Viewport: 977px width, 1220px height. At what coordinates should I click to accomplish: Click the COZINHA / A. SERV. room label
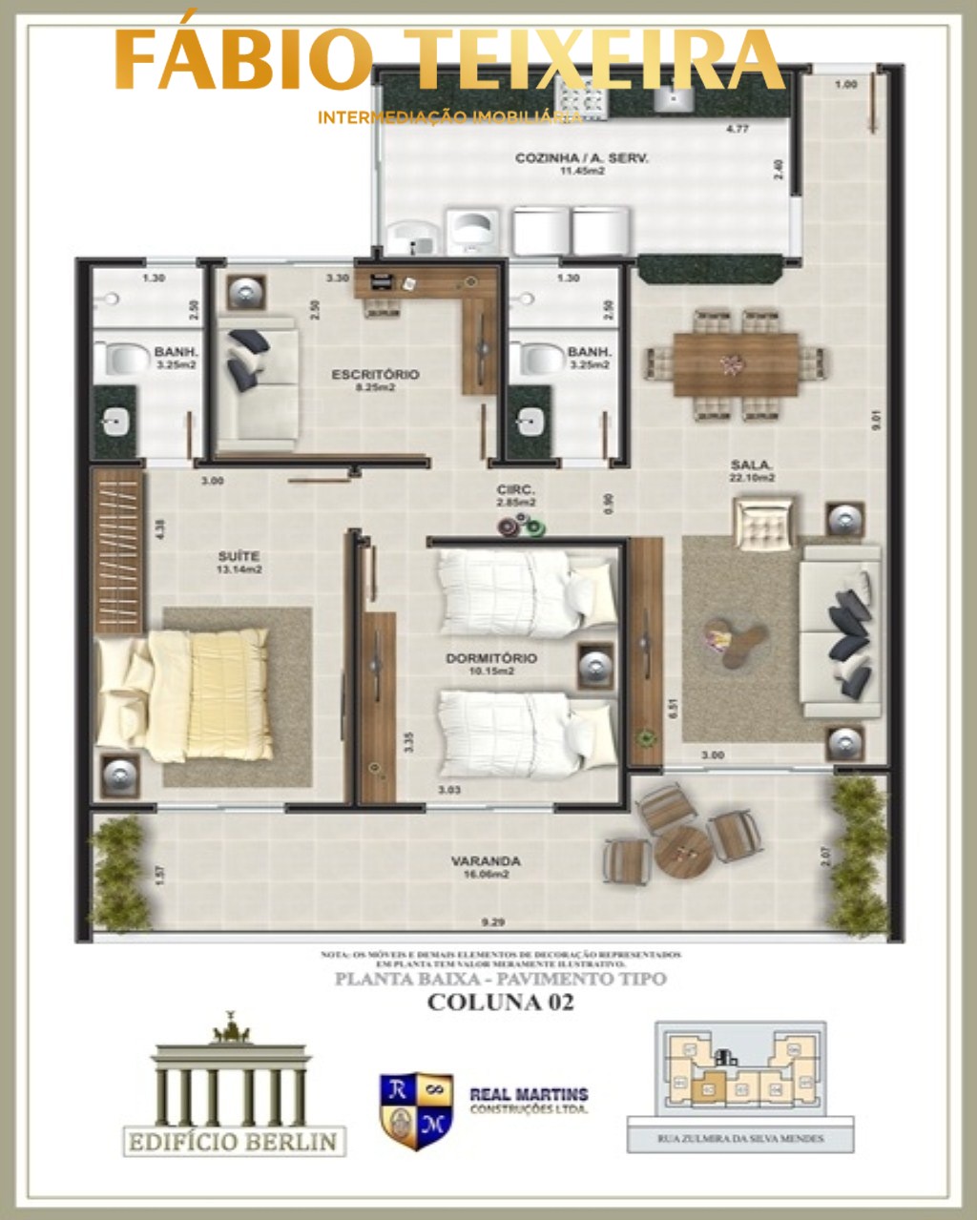click(x=581, y=158)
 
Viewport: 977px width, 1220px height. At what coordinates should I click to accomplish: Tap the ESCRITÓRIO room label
click(x=375, y=375)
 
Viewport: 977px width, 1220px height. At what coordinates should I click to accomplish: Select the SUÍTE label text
click(x=239, y=556)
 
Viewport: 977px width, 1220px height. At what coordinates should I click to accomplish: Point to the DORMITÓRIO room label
click(x=490, y=658)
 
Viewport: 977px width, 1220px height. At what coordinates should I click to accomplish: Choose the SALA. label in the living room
click(x=752, y=465)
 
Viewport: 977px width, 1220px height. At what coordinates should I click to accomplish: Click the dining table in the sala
click(x=736, y=363)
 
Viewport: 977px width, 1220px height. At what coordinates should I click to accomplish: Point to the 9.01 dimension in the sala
click(x=876, y=421)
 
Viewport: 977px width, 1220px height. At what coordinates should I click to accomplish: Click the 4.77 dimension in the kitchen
click(x=736, y=129)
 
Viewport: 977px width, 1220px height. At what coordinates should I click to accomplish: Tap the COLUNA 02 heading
click(x=500, y=1003)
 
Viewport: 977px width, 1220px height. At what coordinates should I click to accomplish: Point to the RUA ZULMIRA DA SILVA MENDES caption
click(x=740, y=1138)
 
